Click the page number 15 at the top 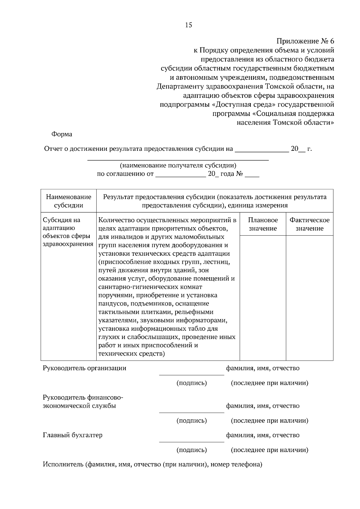189,25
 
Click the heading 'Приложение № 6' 305,41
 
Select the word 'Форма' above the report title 62,134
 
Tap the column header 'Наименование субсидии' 68,201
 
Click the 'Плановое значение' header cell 263,224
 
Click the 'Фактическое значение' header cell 309,224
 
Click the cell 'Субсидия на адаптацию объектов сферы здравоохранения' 68,232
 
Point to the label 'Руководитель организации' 84,368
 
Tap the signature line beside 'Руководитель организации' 191,374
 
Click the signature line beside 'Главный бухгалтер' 191,442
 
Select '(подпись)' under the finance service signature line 191,421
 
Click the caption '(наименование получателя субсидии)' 178,165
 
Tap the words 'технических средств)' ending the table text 132,354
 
